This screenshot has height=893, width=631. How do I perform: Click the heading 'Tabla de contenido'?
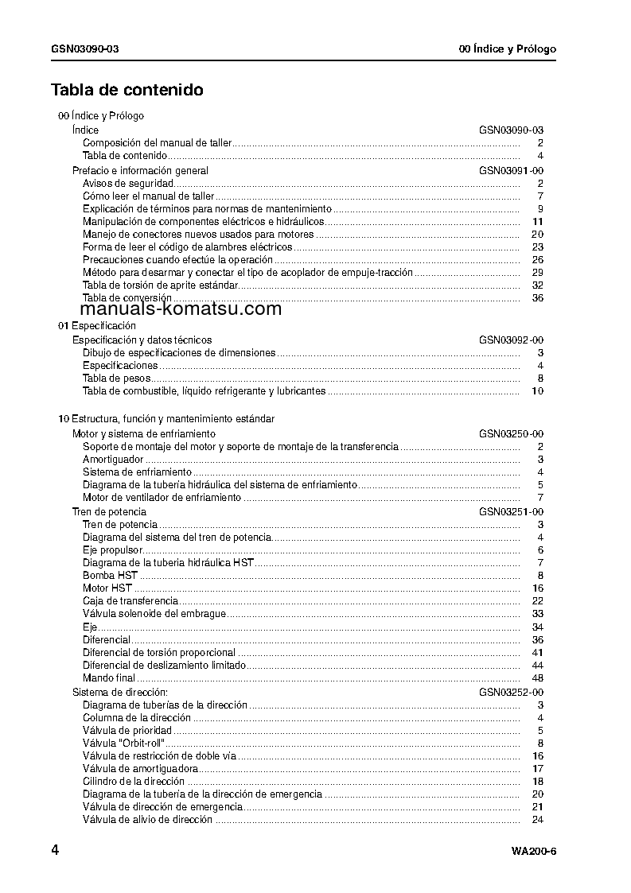pyautogui.click(x=127, y=90)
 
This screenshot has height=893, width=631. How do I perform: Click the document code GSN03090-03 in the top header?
pyautogui.click(x=86, y=49)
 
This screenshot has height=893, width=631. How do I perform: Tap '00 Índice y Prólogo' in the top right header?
pyautogui.click(x=508, y=49)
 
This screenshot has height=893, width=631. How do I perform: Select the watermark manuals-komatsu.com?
pyautogui.click(x=181, y=309)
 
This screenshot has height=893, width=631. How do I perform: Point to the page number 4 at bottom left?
pyautogui.click(x=56, y=850)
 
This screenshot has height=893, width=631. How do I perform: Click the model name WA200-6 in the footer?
pyautogui.click(x=534, y=852)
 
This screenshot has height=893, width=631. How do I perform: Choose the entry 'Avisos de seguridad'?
pyautogui.click(x=128, y=184)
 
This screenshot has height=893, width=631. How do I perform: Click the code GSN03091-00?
pyautogui.click(x=511, y=171)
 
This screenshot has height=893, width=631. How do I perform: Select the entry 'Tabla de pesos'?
pyautogui.click(x=117, y=379)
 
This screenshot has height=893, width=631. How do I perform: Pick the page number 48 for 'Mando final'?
pyautogui.click(x=537, y=678)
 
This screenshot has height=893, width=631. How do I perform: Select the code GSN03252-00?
pyautogui.click(x=511, y=693)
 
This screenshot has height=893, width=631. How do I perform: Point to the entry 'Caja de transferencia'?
pyautogui.click(x=130, y=601)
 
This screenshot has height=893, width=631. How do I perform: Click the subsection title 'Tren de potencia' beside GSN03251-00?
pyautogui.click(x=109, y=512)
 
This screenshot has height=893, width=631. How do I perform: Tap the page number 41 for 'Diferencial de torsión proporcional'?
pyautogui.click(x=537, y=653)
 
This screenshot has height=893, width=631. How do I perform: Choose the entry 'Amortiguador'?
pyautogui.click(x=113, y=460)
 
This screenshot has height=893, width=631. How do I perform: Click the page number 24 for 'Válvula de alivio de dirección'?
pyautogui.click(x=537, y=820)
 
